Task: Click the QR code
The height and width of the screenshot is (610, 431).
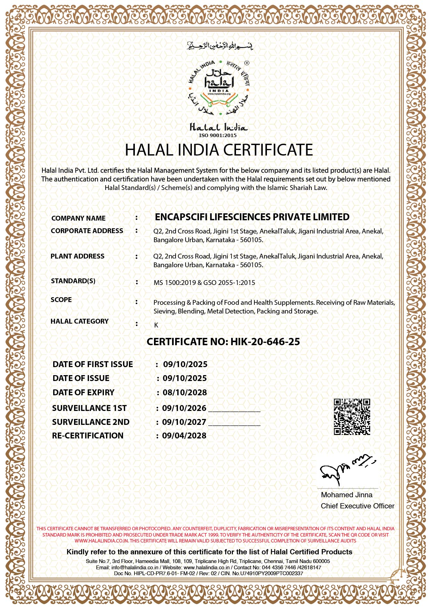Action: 352,417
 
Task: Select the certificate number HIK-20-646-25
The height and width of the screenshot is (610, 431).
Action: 265,342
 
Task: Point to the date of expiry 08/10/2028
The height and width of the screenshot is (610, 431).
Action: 185,393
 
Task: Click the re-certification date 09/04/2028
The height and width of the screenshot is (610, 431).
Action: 184,436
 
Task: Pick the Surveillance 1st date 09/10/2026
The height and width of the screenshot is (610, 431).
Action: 184,408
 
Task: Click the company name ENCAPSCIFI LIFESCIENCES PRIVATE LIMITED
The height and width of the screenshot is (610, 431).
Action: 252,217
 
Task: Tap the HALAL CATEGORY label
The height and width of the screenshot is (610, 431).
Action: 80,321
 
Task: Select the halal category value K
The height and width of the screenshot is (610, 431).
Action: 156,325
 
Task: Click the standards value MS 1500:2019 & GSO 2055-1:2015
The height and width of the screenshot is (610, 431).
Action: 204,283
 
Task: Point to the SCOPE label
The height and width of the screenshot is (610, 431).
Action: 61,300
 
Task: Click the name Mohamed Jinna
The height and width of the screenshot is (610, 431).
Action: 347,495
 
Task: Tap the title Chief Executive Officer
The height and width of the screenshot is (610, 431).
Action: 357,506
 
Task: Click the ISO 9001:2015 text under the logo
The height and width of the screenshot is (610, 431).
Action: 218,135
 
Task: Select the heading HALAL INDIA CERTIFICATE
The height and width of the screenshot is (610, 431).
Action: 219,150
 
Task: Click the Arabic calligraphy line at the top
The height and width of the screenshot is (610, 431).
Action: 220,46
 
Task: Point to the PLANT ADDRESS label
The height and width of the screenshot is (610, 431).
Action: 78,256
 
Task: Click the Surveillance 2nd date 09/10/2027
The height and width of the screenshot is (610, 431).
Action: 184,422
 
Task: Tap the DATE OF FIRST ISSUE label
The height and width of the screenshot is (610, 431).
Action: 93,364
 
